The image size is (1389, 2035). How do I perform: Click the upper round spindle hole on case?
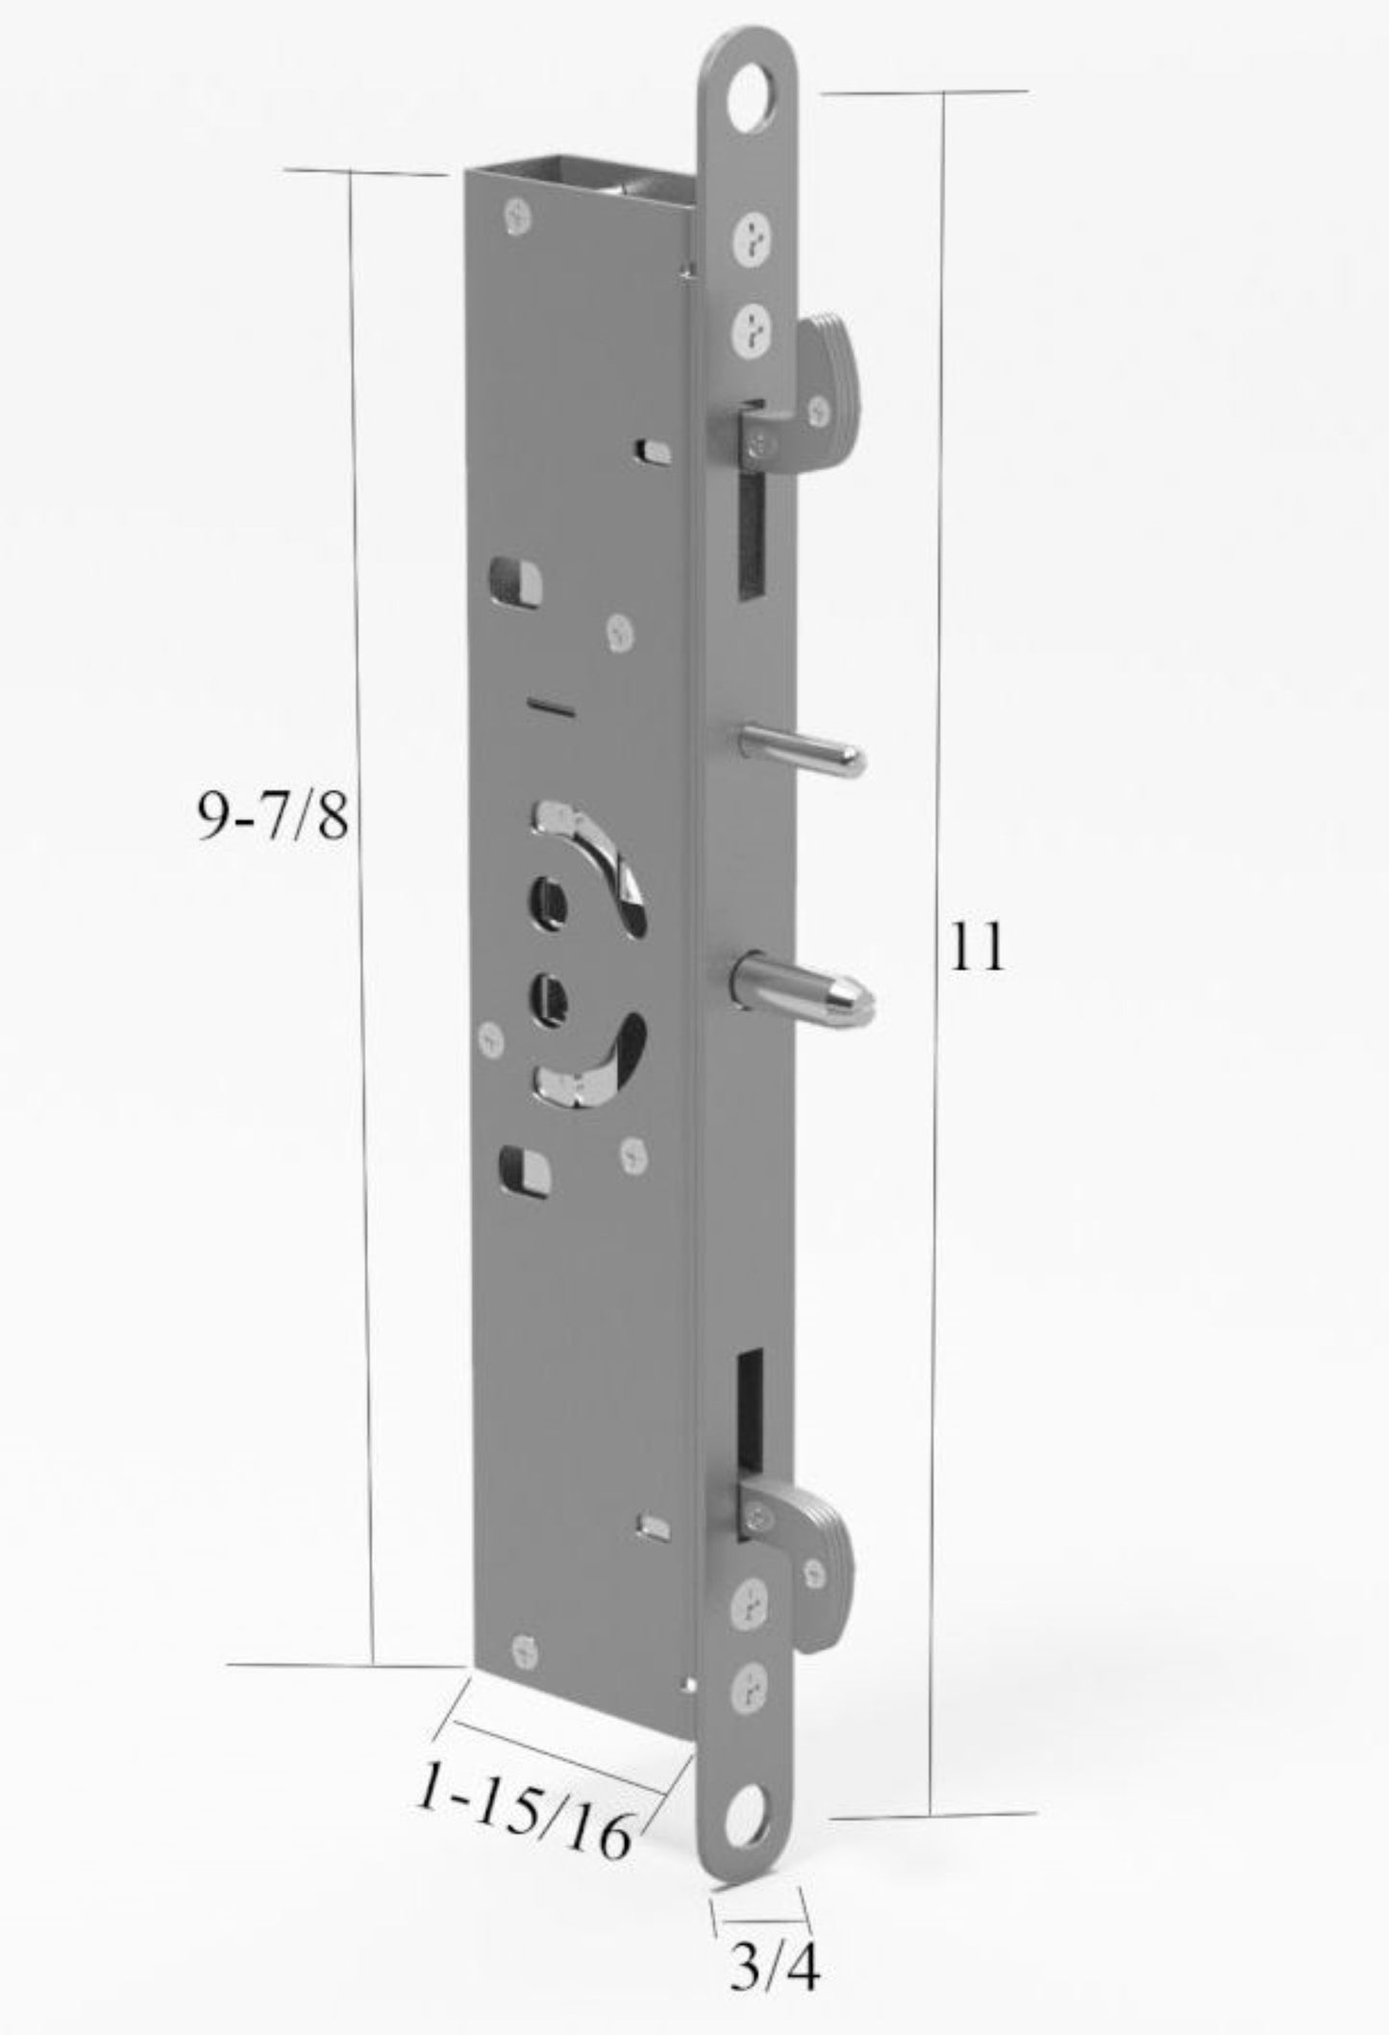pos(545,903)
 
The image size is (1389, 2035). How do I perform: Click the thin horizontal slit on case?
pos(550,708)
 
